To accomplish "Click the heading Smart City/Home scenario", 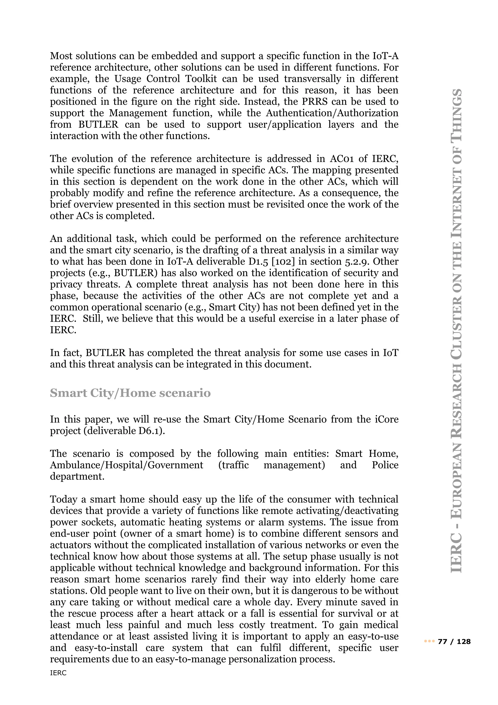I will point(130,393).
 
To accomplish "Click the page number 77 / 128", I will point(454,641).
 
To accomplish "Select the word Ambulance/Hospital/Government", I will point(126,465).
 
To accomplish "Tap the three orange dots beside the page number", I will point(429,641).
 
